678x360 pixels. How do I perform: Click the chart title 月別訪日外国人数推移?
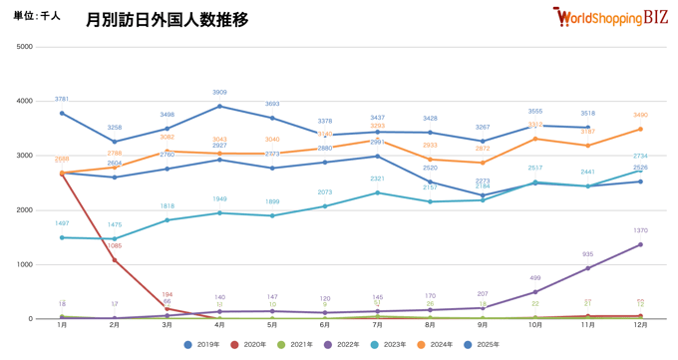point(167,19)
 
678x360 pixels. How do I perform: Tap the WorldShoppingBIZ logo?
point(611,17)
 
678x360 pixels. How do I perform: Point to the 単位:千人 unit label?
point(37,16)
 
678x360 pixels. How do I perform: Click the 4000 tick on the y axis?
point(24,101)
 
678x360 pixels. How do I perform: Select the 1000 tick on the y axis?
point(24,264)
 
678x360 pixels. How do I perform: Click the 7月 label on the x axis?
point(377,326)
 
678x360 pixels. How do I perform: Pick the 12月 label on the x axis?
point(640,326)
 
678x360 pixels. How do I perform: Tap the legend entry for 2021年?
point(296,345)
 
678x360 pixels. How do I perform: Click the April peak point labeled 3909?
point(219,106)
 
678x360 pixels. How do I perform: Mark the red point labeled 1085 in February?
point(115,260)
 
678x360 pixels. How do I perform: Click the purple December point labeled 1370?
point(640,244)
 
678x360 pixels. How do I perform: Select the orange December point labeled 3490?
point(640,129)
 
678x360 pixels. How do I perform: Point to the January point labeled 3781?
point(62,113)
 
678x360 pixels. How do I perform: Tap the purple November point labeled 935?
point(587,268)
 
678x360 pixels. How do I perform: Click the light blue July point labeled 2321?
point(377,192)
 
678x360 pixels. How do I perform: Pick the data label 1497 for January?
point(62,224)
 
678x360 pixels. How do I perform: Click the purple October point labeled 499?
point(535,292)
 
